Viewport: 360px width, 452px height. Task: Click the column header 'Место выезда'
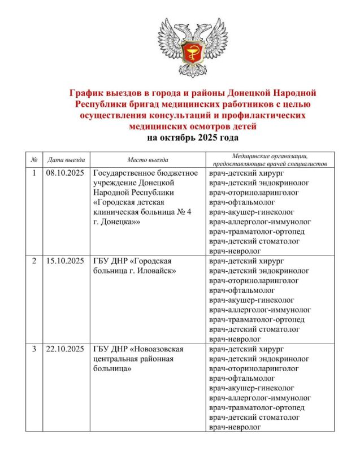148,160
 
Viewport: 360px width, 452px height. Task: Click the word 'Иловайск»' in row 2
158,271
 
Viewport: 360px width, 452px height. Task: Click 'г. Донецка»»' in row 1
116,223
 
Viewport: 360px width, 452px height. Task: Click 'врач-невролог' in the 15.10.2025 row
235,339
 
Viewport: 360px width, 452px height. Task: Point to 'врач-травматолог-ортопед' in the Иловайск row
257,319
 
